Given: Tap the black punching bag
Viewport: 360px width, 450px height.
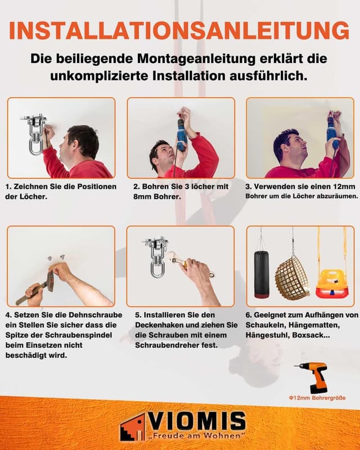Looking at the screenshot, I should point(262,274).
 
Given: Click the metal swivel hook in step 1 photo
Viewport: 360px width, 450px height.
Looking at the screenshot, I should point(34,136).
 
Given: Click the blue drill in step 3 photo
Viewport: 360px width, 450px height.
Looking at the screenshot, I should point(332,134).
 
